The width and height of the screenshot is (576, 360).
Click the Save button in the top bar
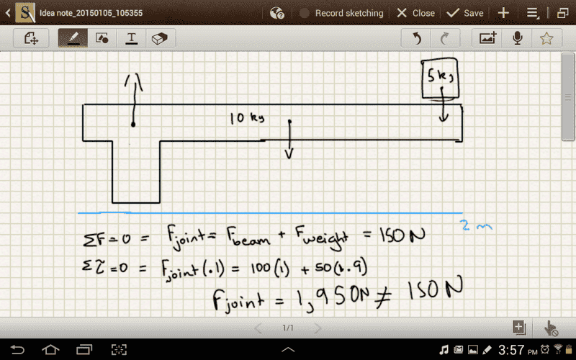(464, 13)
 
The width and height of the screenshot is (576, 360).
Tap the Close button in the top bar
(416, 13)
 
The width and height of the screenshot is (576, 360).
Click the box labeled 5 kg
(441, 78)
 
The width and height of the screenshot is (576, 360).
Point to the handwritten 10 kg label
(246, 118)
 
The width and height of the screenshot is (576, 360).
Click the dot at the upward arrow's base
(133, 125)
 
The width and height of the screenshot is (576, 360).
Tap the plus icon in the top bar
(503, 13)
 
